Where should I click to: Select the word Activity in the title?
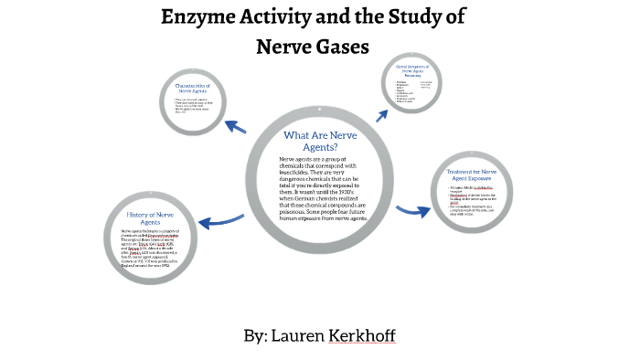(291, 16)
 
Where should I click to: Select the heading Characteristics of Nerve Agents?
(198, 89)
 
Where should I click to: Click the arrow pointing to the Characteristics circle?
(239, 125)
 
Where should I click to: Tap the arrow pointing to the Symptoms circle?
(379, 113)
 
